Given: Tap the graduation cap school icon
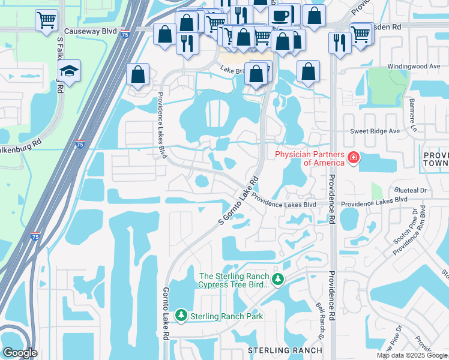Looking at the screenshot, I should tap(70, 71).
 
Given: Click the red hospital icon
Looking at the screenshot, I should tap(354, 158).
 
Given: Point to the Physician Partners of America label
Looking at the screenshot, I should tap(310, 158).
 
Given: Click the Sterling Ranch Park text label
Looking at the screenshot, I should tap(226, 316).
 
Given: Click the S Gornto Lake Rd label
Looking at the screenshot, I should tap(238, 200).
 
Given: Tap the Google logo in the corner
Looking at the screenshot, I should tap(20, 353).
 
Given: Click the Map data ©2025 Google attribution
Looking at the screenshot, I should tap(412, 355).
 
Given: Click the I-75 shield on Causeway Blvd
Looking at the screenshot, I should tap(125, 35).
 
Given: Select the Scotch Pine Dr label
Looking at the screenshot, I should tap(414, 225).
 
